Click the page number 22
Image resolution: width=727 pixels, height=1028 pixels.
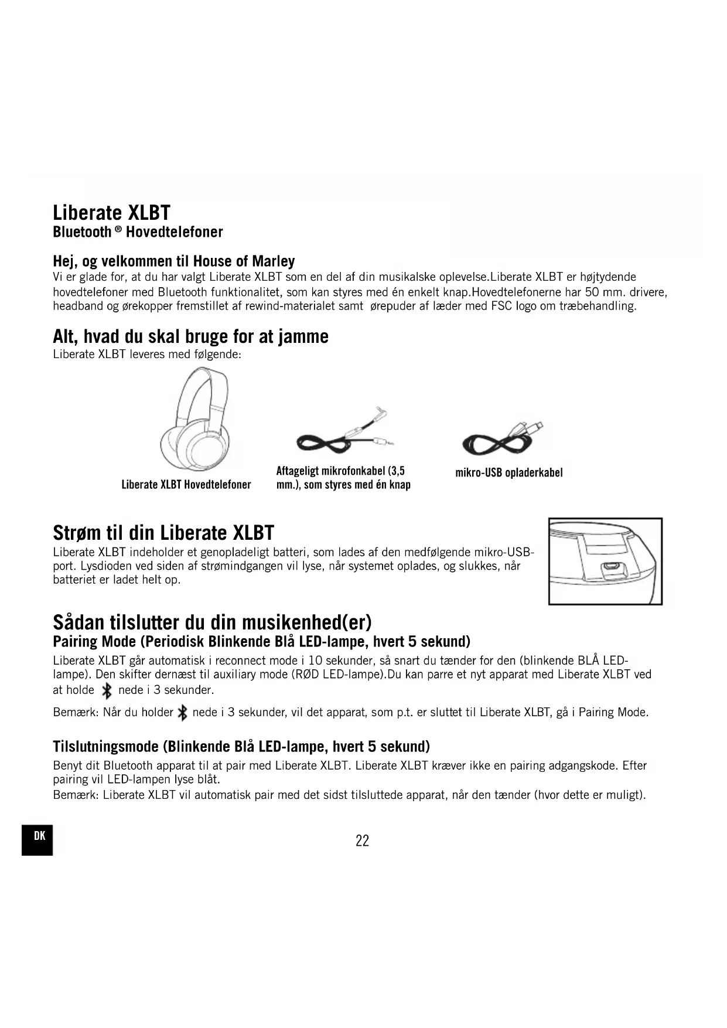coord(362,840)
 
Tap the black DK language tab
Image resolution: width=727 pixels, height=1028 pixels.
coord(37,839)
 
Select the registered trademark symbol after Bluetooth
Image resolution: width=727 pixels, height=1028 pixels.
coord(118,229)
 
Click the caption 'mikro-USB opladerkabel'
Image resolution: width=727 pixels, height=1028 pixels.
coord(508,472)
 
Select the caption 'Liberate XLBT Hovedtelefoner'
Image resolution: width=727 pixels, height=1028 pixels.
coord(186,485)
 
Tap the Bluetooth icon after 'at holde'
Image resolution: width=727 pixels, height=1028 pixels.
coord(107,691)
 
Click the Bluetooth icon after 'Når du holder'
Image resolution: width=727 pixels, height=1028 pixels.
coord(182,713)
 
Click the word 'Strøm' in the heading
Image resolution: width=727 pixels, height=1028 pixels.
coord(77,533)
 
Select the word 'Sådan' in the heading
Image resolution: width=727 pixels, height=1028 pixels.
coord(78,621)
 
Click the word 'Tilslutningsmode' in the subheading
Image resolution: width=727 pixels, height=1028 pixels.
coord(105,747)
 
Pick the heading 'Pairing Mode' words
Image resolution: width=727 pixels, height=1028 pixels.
coord(93,641)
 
